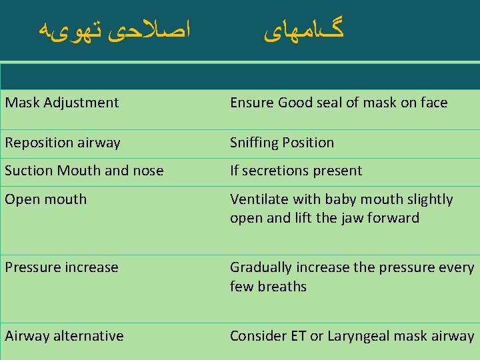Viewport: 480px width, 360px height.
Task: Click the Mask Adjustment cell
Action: pyautogui.click(x=62, y=103)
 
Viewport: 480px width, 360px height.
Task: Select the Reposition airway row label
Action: pyautogui.click(x=63, y=143)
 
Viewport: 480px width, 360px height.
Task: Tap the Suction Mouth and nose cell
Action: pyautogui.click(x=84, y=171)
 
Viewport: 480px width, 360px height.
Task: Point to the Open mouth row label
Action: pyautogui.click(x=46, y=199)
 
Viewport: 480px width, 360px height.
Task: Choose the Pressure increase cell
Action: pyautogui.click(x=61, y=267)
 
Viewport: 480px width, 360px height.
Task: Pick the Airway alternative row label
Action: pyautogui.click(x=64, y=336)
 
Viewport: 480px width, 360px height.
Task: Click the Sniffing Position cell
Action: pyautogui.click(x=282, y=143)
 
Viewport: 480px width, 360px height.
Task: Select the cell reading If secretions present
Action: pyautogui.click(x=296, y=171)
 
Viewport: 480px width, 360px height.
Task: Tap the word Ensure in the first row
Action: pyautogui.click(x=252, y=103)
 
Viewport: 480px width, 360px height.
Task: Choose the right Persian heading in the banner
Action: pyautogui.click(x=304, y=30)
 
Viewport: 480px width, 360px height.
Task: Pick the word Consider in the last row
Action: pyautogui.click(x=257, y=336)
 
